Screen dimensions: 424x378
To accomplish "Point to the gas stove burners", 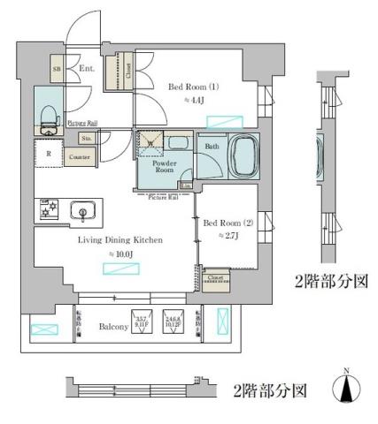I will [x=48, y=210].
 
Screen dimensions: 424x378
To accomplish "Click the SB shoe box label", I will [x=57, y=68].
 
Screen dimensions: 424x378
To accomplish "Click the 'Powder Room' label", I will [x=165, y=165].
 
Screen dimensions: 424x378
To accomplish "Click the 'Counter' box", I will [x=81, y=157].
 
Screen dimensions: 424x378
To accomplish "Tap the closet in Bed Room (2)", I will [x=215, y=278].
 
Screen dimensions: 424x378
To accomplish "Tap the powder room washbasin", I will [x=177, y=142].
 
